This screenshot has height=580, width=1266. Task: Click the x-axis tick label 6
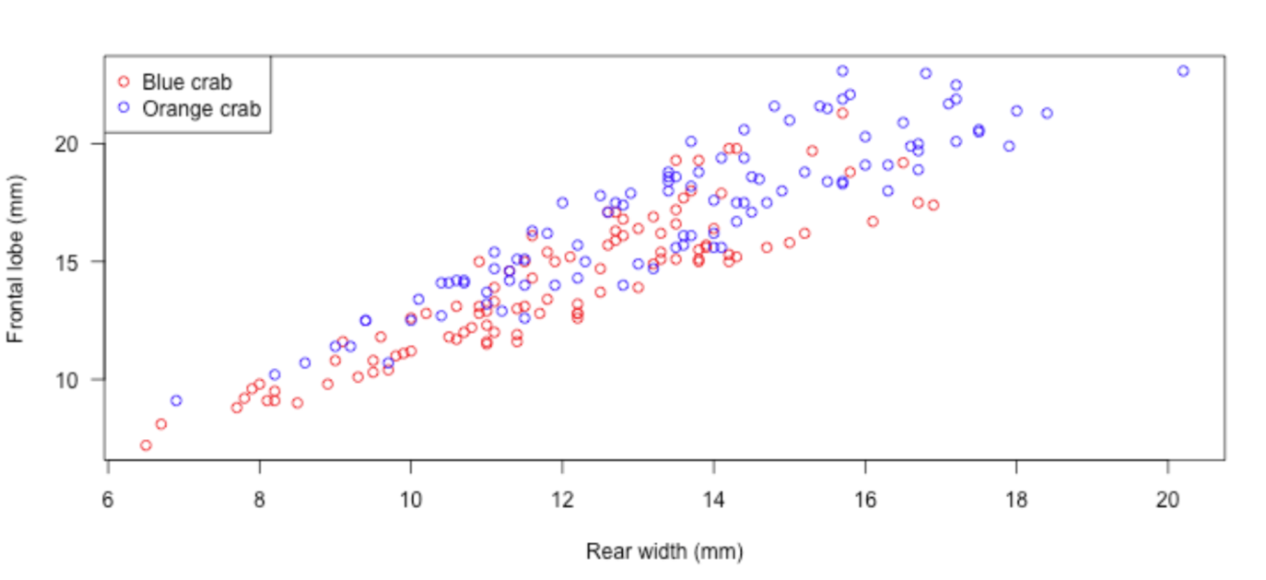pos(108,500)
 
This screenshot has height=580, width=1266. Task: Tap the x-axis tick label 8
pos(259,500)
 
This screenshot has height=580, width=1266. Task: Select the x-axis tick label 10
pos(410,500)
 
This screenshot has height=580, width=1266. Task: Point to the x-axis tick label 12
pos(562,500)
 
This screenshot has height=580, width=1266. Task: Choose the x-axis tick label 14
pos(714,500)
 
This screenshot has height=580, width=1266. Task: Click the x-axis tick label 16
pos(865,500)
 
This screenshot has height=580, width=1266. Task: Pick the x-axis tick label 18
pos(1016,500)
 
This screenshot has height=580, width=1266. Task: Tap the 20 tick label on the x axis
pos(1168,500)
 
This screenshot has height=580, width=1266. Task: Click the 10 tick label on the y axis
pos(67,381)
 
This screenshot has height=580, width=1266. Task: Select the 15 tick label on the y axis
pos(67,263)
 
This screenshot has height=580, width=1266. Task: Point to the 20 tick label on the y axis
pos(67,144)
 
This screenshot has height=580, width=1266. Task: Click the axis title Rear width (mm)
pos(664,551)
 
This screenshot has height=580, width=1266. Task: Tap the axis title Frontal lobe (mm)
pos(15,259)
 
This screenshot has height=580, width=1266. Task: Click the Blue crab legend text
pos(187,82)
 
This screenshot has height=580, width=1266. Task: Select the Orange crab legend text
pos(201,109)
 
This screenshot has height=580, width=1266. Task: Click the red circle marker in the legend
pos(124,81)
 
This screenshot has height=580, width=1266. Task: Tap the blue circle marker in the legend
pos(124,108)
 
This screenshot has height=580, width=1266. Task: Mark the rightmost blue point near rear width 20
pos(1183,71)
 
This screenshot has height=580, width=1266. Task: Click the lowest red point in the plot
pos(146,445)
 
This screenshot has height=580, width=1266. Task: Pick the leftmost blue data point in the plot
pos(176,401)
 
